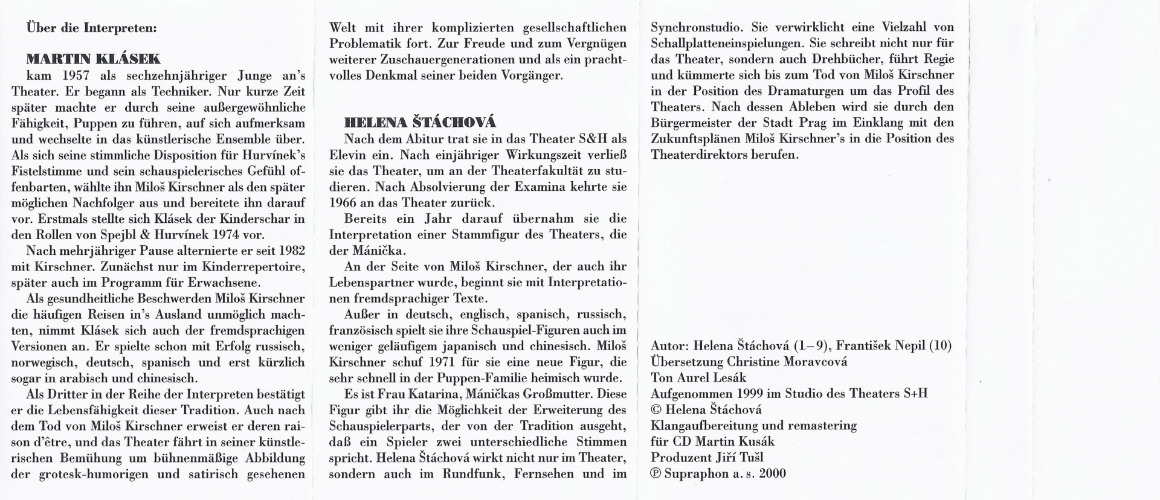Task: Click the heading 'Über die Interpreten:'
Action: pyautogui.click(x=91, y=28)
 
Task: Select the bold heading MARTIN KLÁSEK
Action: pyautogui.click(x=93, y=59)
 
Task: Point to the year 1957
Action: pyautogui.click(x=76, y=76)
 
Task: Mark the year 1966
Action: pyautogui.click(x=344, y=203)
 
